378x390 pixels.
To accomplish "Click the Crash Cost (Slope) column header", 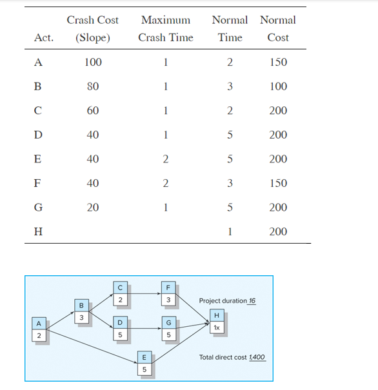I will click(92, 28).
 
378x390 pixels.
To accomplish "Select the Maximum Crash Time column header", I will click(166, 28).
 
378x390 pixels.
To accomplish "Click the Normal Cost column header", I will click(278, 28).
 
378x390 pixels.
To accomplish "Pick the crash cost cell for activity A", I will click(93, 63).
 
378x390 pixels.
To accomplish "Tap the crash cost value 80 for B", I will click(93, 86).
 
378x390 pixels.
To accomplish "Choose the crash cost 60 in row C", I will click(93, 111).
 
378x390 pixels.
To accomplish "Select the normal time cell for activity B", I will click(230, 86).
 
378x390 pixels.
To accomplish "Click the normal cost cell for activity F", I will click(278, 184).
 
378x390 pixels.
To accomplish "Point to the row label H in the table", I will click(38, 232).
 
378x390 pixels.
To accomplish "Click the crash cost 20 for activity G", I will click(93, 208).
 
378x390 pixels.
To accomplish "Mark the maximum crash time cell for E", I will click(166, 159).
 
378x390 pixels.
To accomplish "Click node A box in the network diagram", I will click(39, 323).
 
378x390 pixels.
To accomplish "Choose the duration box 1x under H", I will click(217, 327).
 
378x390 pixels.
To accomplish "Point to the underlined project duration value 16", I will click(252, 301).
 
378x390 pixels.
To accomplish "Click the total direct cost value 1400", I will click(257, 357).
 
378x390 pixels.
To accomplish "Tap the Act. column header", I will click(43, 37).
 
